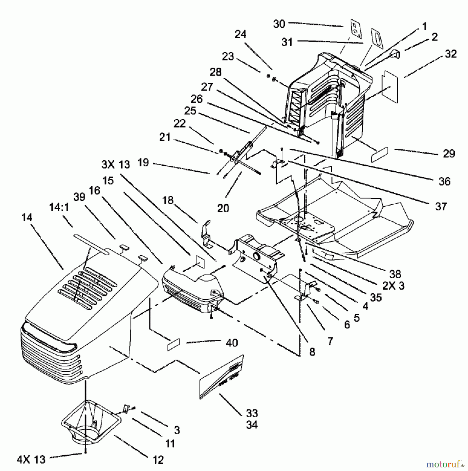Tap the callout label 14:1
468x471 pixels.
click(59, 208)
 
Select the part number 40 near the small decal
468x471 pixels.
click(231, 343)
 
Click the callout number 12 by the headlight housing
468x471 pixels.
click(158, 460)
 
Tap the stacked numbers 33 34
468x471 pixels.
click(252, 419)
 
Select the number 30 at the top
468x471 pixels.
click(279, 24)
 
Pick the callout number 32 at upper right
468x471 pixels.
click(450, 54)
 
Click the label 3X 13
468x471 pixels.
click(116, 165)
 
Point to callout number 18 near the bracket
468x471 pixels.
click(168, 200)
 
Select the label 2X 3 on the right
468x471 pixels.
click(393, 286)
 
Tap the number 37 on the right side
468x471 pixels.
click(441, 206)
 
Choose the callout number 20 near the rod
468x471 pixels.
click(223, 208)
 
